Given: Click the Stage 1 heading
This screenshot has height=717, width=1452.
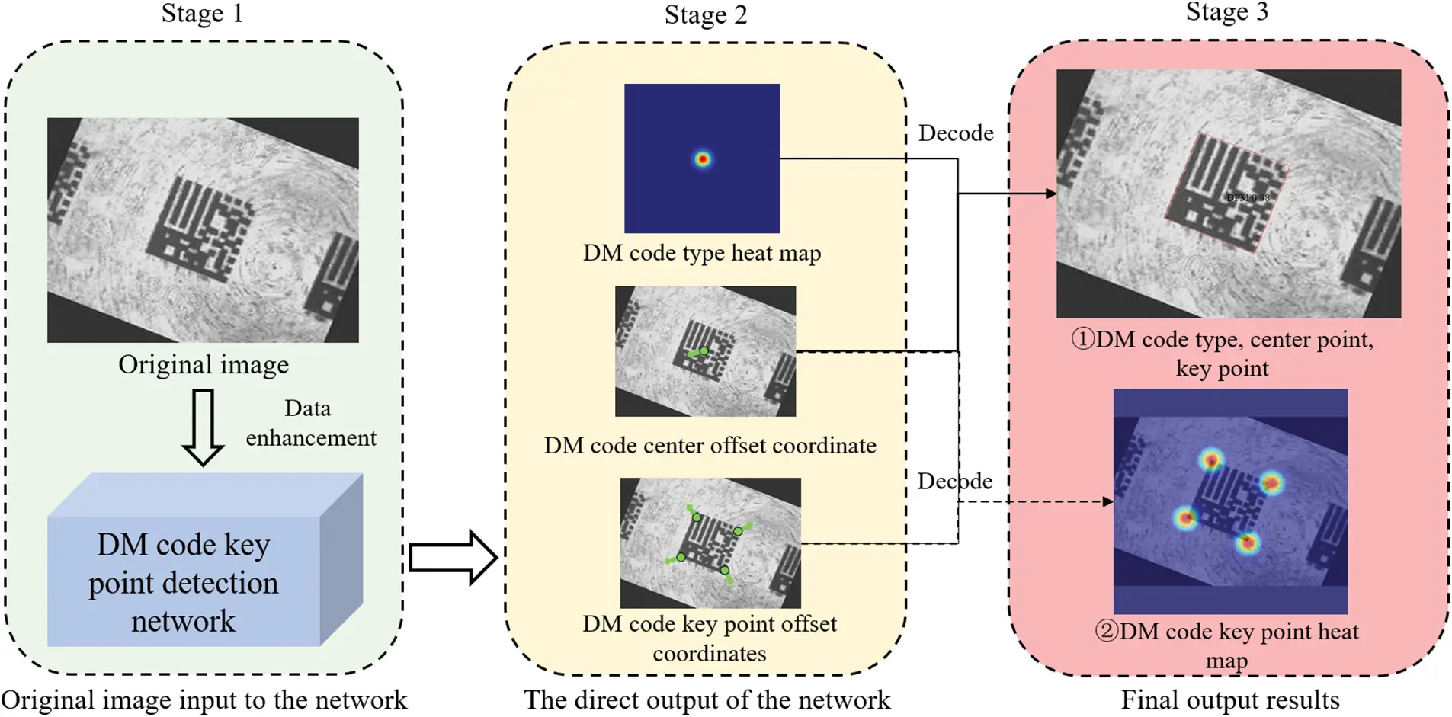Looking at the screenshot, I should (202, 14).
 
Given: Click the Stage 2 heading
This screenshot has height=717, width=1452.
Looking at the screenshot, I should (705, 15).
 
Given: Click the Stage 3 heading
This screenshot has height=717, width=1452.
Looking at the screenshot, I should (1226, 12).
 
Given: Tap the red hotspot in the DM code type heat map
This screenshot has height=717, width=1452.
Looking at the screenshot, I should (702, 159).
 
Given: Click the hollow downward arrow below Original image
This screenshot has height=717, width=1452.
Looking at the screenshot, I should (203, 427).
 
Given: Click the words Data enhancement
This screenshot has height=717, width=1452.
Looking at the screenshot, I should (310, 424).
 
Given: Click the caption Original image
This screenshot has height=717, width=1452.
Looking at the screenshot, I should (204, 365).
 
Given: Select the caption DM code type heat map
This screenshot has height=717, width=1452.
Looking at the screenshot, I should (701, 253).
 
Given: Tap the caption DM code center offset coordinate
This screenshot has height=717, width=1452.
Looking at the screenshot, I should (709, 446).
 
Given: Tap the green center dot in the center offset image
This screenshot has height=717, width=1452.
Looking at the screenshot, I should (704, 351).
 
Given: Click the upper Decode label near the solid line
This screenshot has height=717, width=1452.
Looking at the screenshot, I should (955, 133).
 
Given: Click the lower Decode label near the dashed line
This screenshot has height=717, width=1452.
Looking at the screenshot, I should (954, 482).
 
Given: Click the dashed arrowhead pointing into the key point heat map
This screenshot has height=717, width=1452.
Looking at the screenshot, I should (1107, 501).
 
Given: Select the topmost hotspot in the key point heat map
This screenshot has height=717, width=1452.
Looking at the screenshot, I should (1211, 459).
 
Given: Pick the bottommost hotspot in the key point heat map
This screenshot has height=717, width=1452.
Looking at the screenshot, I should (1247, 543).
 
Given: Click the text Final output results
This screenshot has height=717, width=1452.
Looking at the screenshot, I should (1229, 700).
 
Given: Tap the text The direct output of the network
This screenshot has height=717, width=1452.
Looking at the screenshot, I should (707, 700).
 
